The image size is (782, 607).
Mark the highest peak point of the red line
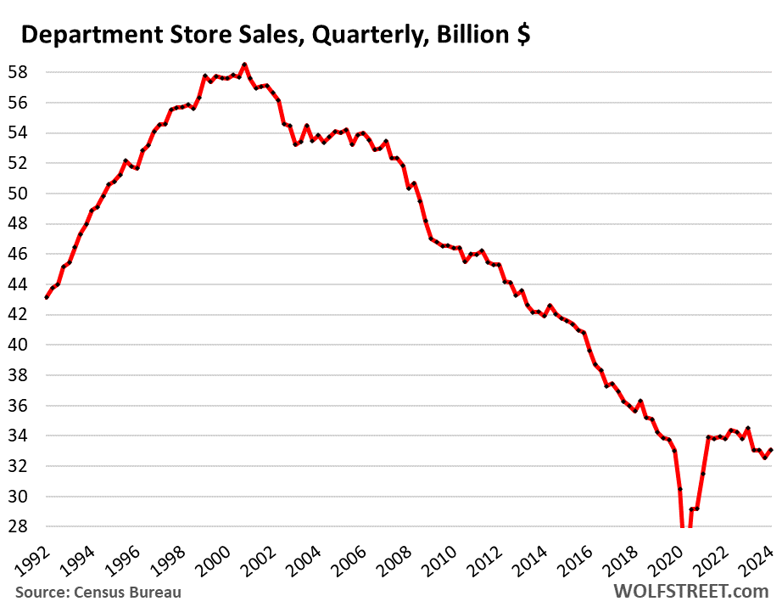tap(244, 64)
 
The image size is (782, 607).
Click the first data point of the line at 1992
tap(47, 297)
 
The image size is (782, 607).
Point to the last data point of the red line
tap(770, 450)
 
